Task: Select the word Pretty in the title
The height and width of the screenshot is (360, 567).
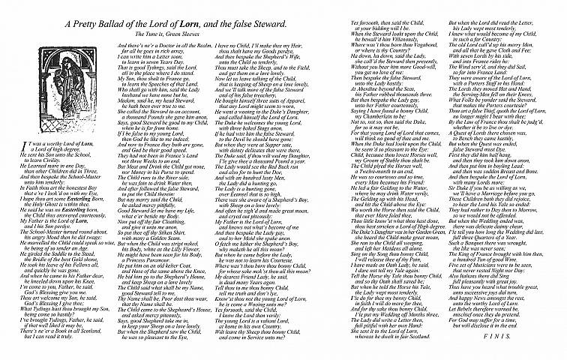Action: click(86, 25)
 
